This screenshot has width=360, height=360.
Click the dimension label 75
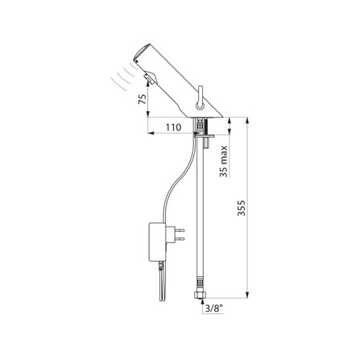tap(143, 99)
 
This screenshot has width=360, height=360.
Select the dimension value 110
tap(173, 127)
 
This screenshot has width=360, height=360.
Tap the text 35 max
tap(223, 161)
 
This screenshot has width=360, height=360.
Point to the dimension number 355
tap(242, 208)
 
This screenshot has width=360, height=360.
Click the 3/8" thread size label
tap(214, 309)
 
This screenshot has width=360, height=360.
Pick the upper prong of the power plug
tap(180, 230)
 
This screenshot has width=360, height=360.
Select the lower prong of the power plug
tap(180, 238)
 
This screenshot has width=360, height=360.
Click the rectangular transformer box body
tap(157, 242)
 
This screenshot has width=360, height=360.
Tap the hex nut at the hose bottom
tap(201, 296)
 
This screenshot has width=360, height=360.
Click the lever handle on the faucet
tap(200, 97)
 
